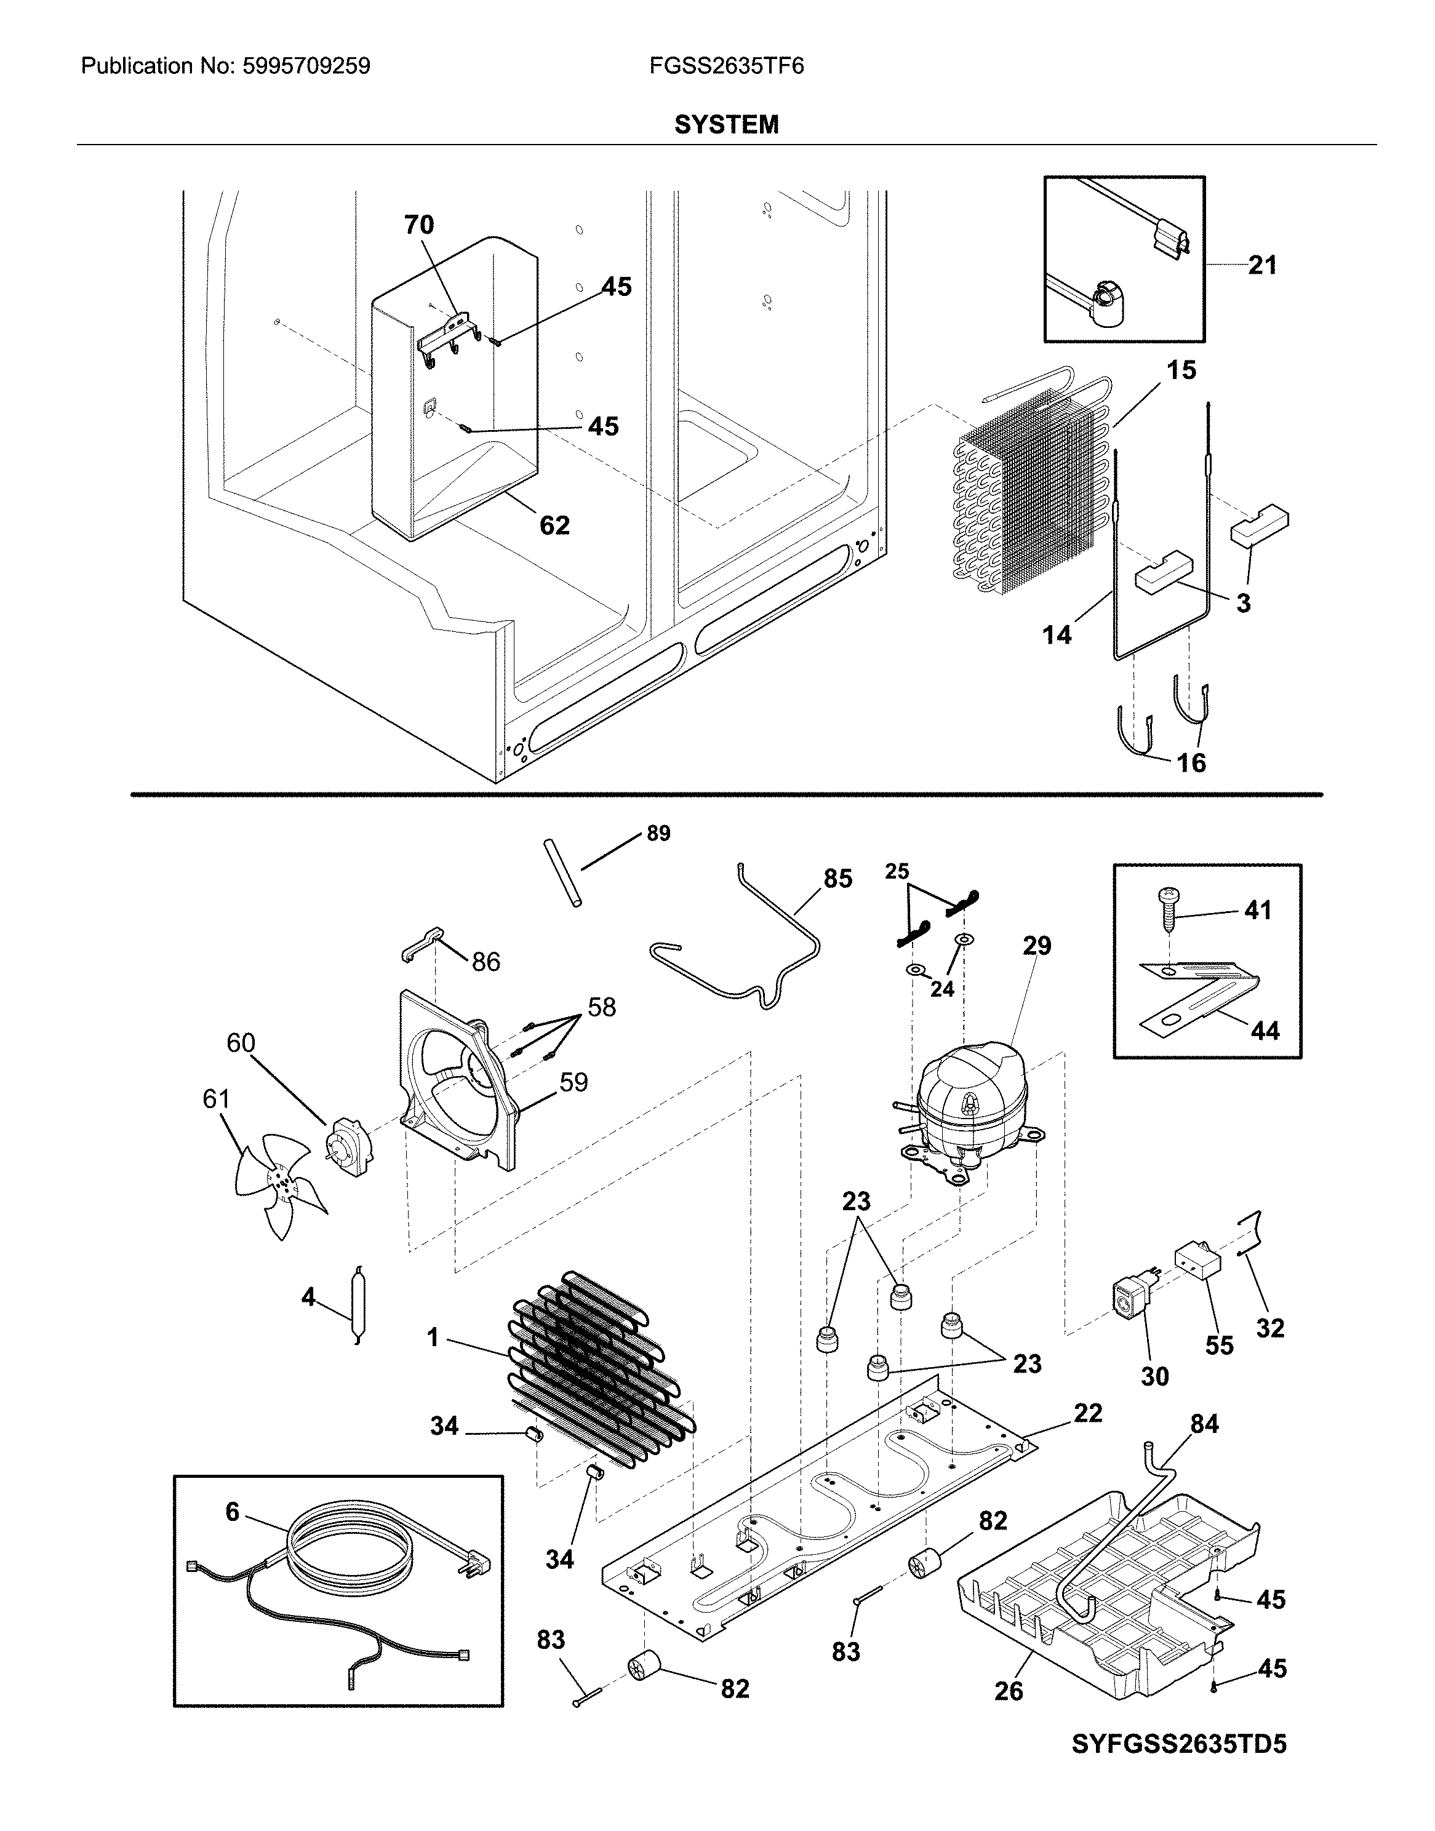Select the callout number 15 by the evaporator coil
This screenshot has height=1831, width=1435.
(1181, 370)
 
